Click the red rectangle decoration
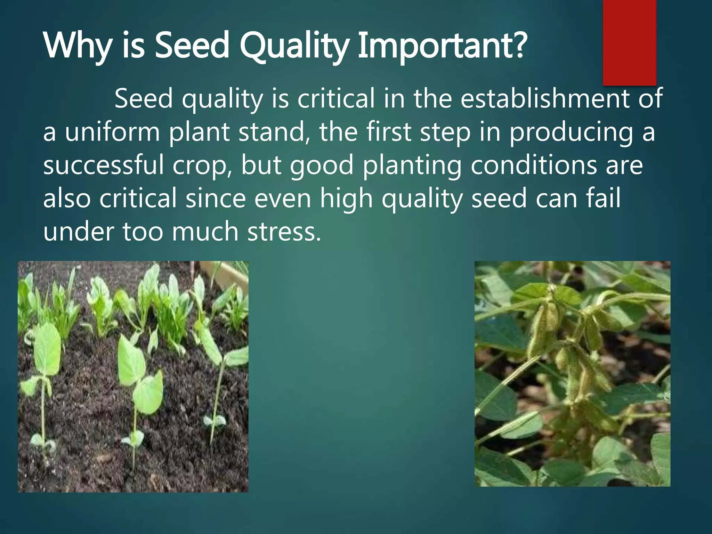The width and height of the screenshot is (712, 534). pos(629,42)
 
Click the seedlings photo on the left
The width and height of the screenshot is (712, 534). pos(133,377)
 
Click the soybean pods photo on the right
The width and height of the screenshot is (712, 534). pos(572,374)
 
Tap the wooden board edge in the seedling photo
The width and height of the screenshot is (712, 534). pos(222,275)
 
